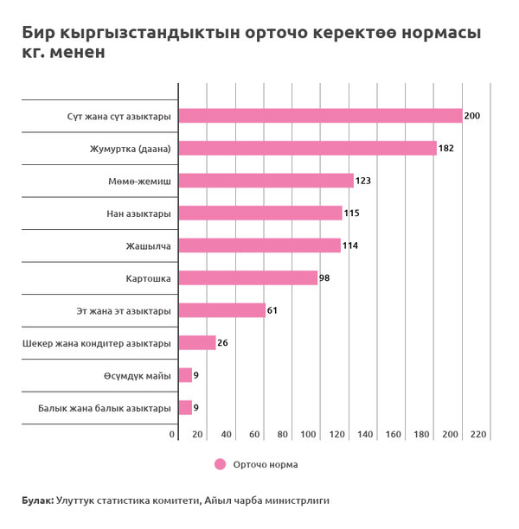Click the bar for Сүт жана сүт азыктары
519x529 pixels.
(320, 116)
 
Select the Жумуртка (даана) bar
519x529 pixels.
(307, 149)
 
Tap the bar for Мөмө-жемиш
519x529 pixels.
(266, 181)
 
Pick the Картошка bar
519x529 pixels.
(248, 278)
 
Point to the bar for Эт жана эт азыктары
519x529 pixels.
(221, 310)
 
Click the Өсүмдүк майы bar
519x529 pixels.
(185, 375)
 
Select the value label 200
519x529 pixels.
(471, 116)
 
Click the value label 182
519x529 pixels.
(446, 149)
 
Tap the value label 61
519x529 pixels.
(272, 310)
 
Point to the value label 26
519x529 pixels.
(222, 343)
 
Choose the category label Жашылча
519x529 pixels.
(151, 245)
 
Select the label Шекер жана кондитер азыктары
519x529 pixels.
(97, 343)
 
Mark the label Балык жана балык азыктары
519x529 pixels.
(104, 408)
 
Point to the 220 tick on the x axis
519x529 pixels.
(478, 434)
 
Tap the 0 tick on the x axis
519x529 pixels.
(172, 434)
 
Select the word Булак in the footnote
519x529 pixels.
(37, 500)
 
